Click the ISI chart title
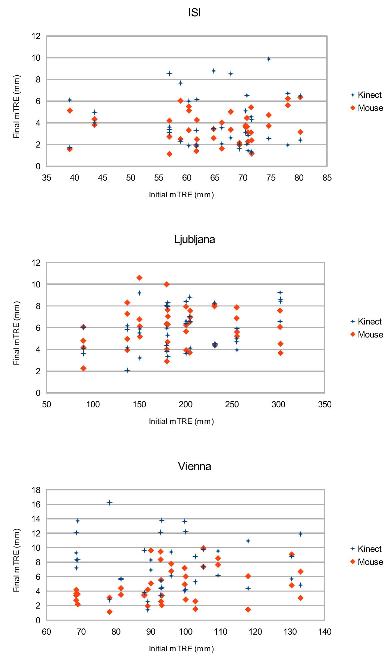pyautogui.click(x=195, y=13)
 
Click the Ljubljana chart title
pyautogui.click(x=195, y=239)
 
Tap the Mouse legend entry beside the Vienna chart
pyautogui.click(x=367, y=562)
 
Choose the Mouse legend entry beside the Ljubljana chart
pyautogui.click(x=367, y=335)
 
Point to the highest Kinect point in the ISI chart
pyautogui.click(x=269, y=59)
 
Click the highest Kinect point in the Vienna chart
pyautogui.click(x=109, y=502)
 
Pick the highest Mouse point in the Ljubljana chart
pyautogui.click(x=139, y=278)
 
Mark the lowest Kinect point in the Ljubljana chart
pyautogui.click(x=127, y=370)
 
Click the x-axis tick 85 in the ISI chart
pyautogui.click(x=327, y=178)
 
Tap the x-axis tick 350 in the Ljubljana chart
pyautogui.click(x=325, y=405)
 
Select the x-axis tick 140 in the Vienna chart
pyautogui.click(x=325, y=632)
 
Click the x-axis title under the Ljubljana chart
pyautogui.click(x=181, y=421)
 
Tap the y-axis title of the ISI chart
pyautogui.click(x=17, y=107)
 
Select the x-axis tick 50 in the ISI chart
pyautogui.click(x=131, y=178)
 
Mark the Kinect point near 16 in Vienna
pyautogui.click(x=109, y=502)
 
